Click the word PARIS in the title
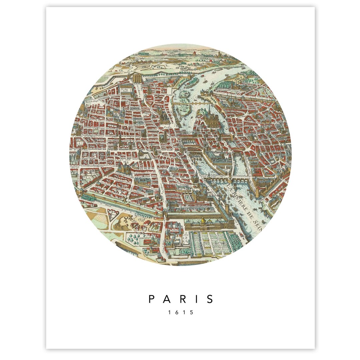click(x=181, y=299)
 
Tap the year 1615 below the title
click(x=180, y=313)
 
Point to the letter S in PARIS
click(x=210, y=299)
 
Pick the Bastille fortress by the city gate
click(x=138, y=79)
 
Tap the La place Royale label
click(x=125, y=90)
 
